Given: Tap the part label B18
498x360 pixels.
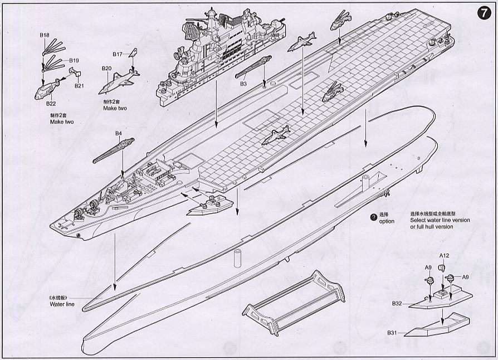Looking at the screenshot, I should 45,35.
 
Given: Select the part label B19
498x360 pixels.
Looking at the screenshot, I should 74,60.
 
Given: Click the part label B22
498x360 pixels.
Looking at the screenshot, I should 51,104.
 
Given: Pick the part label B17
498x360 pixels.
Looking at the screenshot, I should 118,54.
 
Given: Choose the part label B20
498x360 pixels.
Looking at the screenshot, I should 107,68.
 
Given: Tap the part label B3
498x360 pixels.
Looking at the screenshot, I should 243,84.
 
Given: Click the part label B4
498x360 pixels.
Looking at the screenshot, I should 118,134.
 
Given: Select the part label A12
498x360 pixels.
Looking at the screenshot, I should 444,255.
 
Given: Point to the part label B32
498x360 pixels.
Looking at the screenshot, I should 397,304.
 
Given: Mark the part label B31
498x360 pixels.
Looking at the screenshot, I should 393,333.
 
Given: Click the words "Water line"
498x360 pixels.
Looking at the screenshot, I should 61,304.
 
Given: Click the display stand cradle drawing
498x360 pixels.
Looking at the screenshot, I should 294,303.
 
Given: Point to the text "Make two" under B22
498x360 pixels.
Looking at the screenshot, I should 62,121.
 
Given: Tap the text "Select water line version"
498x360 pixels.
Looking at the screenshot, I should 440,220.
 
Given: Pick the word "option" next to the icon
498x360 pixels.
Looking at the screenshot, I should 387,221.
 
